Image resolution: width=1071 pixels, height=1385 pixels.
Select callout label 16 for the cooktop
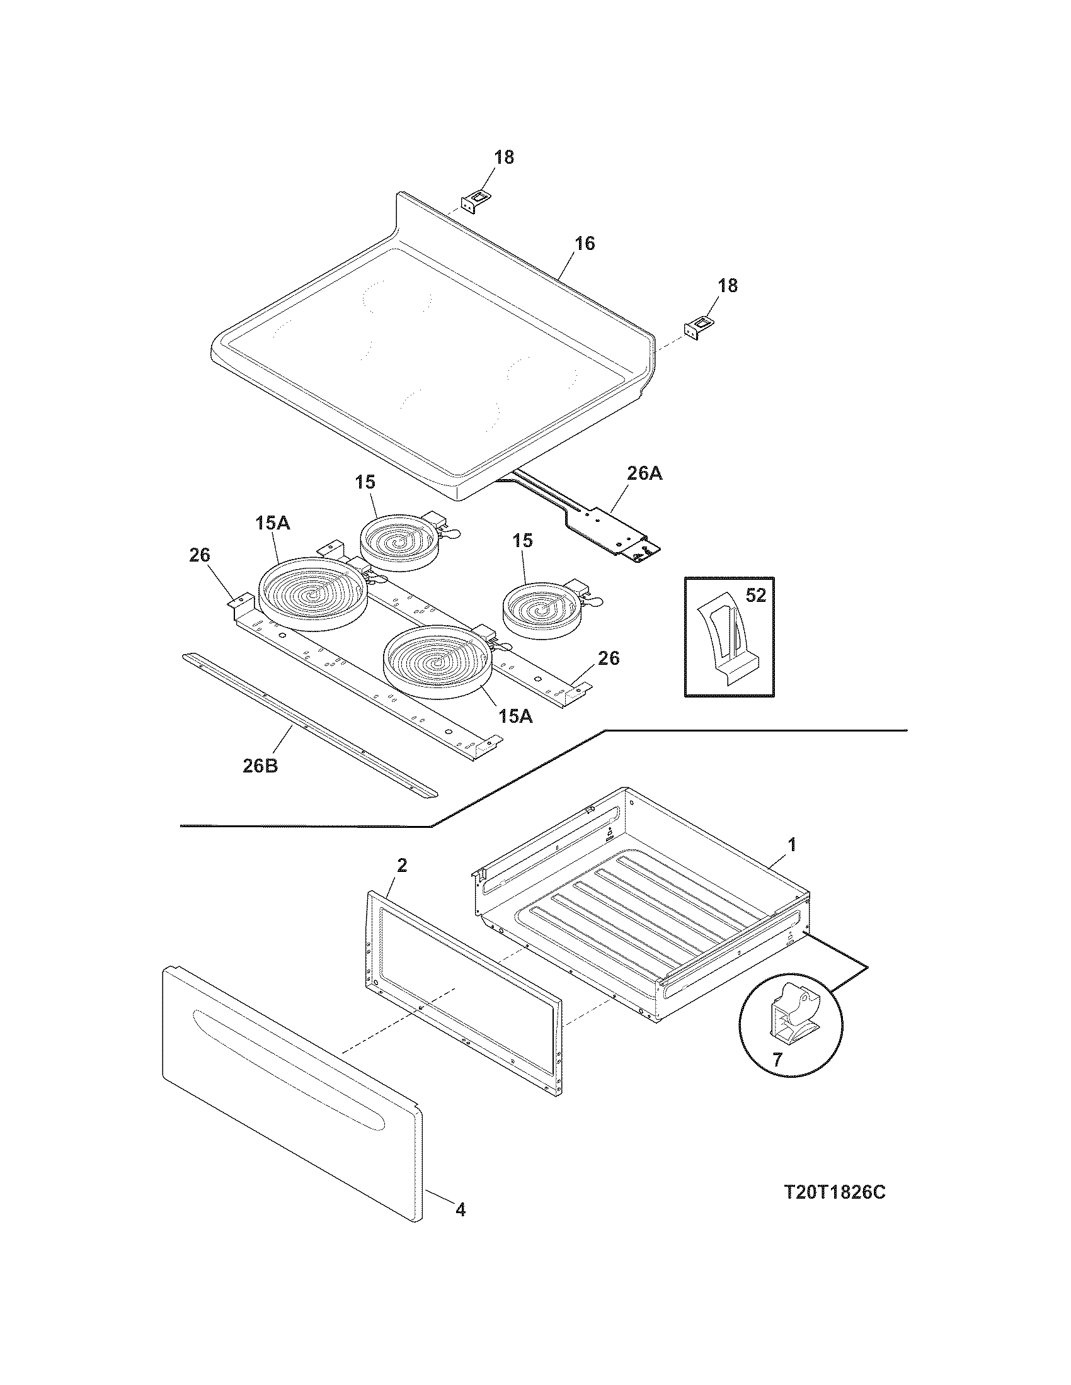click(585, 244)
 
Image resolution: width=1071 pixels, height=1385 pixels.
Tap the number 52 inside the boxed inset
click(755, 596)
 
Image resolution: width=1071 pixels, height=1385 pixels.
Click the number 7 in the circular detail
click(777, 1058)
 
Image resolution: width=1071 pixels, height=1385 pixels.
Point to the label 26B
click(260, 766)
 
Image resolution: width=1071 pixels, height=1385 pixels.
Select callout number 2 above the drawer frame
click(402, 865)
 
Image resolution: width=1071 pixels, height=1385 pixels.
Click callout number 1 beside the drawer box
click(791, 844)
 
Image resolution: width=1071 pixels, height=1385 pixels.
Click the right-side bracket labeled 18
click(697, 329)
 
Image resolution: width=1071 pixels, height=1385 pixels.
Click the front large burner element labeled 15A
click(436, 662)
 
